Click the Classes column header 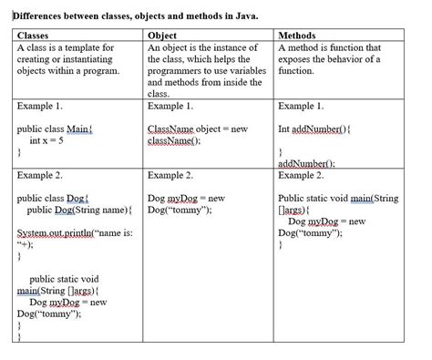pyautogui.click(x=34, y=36)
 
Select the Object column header pyautogui.click(x=164, y=36)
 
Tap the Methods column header pyautogui.click(x=302, y=36)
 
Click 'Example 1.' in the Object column pyautogui.click(x=170, y=107)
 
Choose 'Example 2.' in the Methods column pyautogui.click(x=302, y=175)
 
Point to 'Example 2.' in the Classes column pyautogui.click(x=40, y=175)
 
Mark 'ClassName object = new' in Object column pyautogui.click(x=197, y=129)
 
